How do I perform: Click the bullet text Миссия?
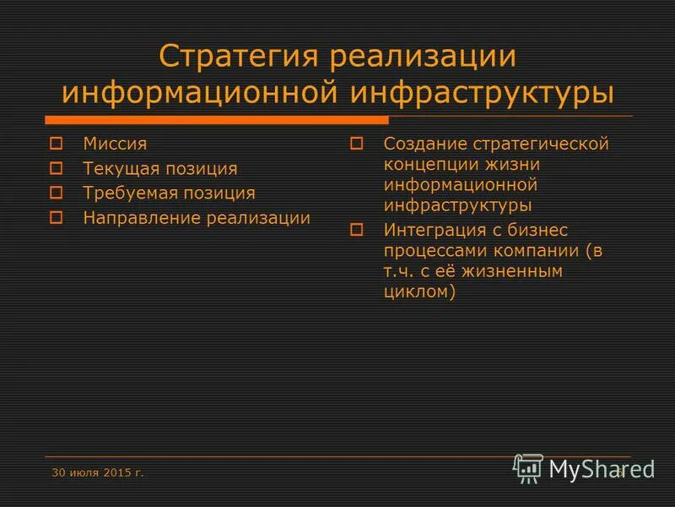(115, 144)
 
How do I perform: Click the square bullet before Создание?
(356, 144)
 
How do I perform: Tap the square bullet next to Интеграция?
(356, 229)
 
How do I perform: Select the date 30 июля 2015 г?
(98, 472)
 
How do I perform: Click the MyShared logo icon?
(528, 467)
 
